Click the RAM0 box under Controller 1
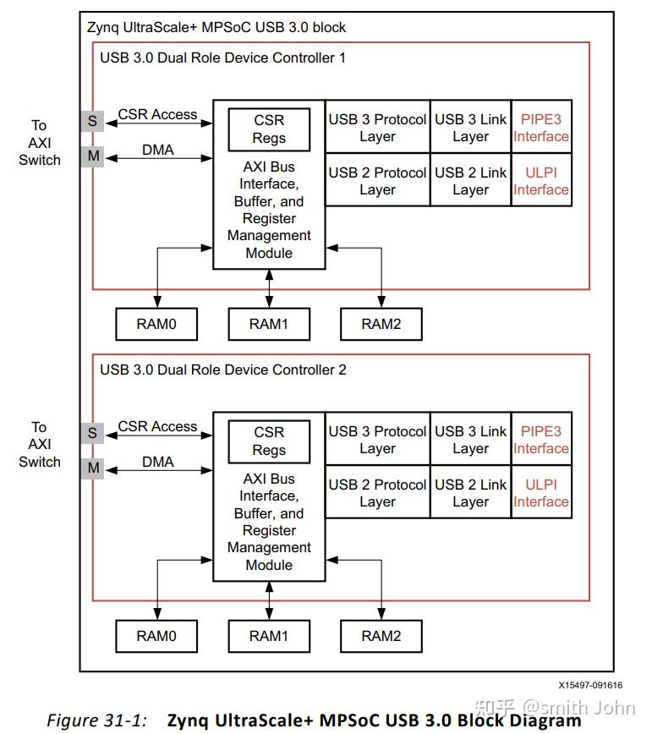(x=156, y=324)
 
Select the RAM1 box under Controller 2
(x=269, y=636)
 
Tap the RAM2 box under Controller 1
(x=381, y=324)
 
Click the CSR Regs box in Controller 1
(x=269, y=129)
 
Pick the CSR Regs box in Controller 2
(x=269, y=441)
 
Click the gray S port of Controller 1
(x=92, y=121)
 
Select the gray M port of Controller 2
(x=92, y=468)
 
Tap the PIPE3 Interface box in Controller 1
(x=541, y=128)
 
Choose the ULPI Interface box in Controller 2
(x=541, y=493)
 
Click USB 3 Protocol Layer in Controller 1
(x=377, y=128)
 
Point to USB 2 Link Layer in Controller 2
(x=470, y=493)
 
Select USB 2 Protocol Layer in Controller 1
(x=377, y=181)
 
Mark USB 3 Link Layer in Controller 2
(x=470, y=440)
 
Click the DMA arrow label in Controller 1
(x=157, y=150)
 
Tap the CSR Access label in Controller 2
(x=157, y=426)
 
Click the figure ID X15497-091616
(x=590, y=686)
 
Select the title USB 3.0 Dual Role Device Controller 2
(x=223, y=370)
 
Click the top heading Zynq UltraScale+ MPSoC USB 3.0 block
(x=216, y=27)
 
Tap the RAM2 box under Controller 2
(x=381, y=636)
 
